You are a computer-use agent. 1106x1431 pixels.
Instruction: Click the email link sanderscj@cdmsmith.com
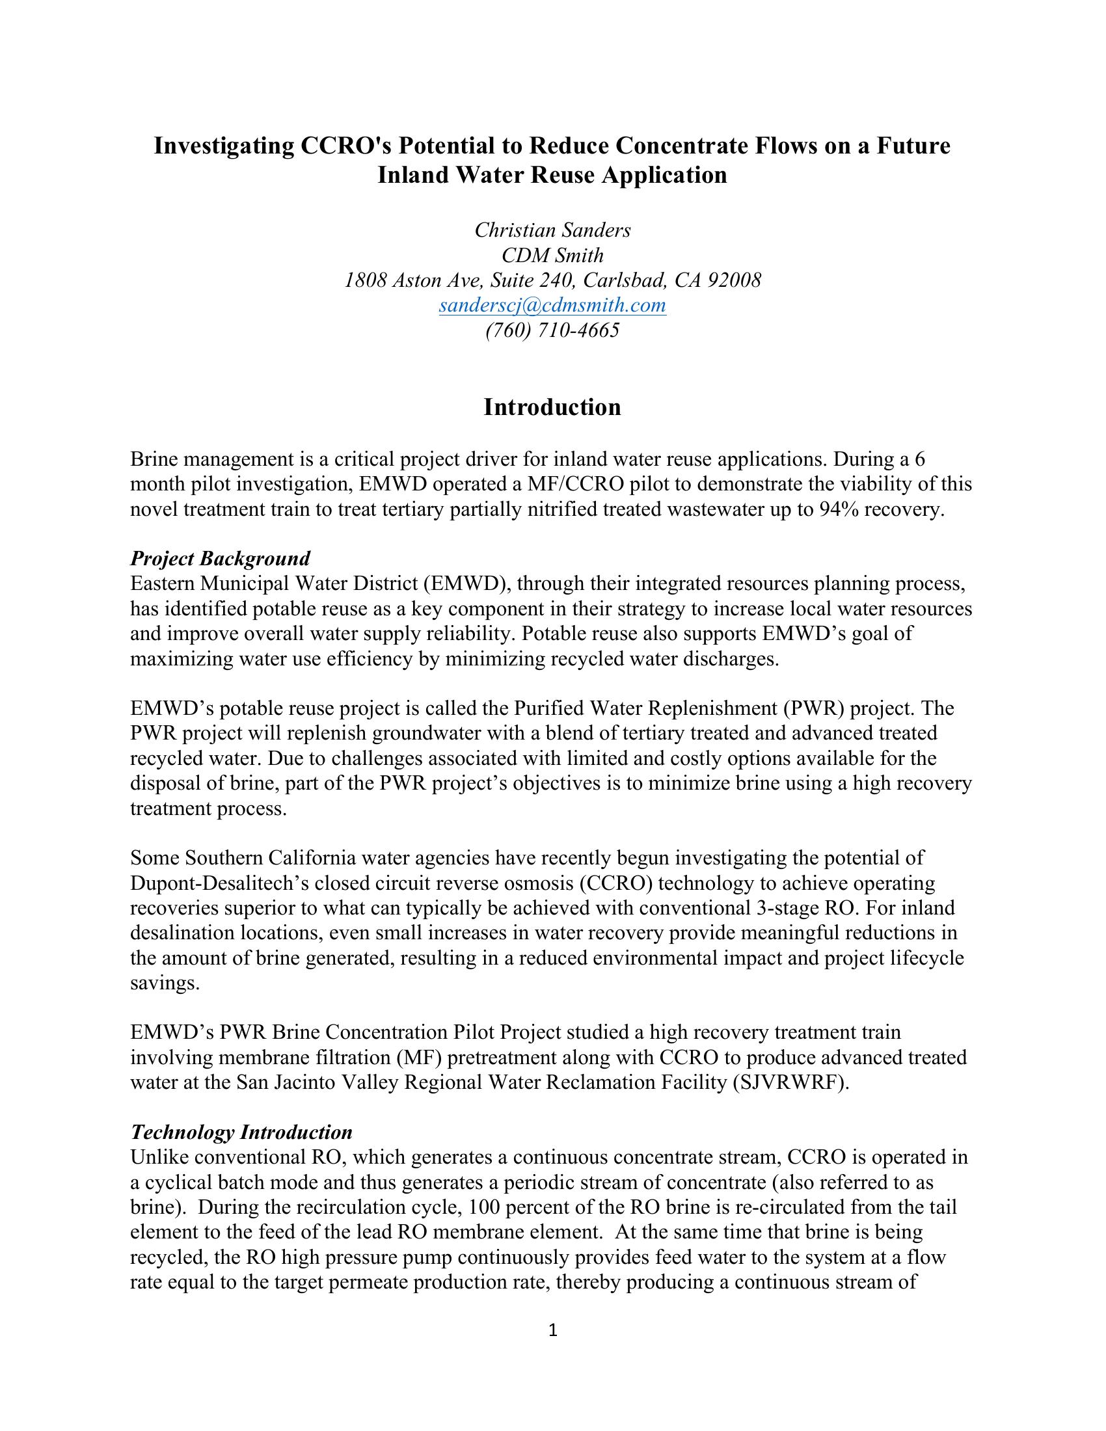[x=552, y=305]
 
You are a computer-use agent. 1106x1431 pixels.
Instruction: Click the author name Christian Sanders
[x=552, y=230]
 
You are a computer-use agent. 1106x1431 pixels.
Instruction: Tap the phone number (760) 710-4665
[x=552, y=330]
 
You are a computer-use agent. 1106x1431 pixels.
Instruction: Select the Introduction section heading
[x=552, y=407]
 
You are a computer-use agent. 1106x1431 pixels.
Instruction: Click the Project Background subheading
[x=220, y=558]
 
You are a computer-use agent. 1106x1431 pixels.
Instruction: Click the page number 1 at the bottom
[x=552, y=1330]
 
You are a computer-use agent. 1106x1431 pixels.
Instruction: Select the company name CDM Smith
[x=552, y=255]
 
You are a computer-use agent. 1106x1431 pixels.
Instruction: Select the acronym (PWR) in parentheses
[x=816, y=708]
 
